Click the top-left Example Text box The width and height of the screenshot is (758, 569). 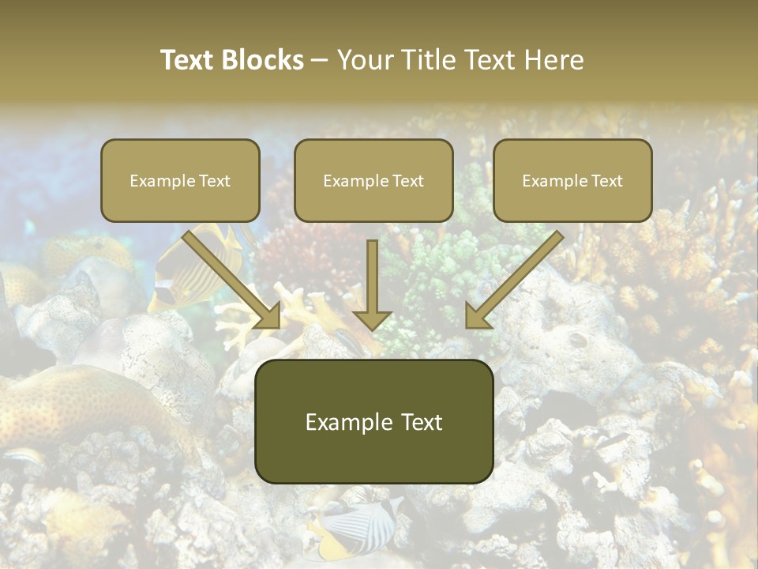click(180, 181)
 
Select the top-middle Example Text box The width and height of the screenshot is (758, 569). click(373, 181)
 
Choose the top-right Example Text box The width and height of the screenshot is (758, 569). click(572, 181)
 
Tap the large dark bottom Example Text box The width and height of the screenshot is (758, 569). click(373, 422)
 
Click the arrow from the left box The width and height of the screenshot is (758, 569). click(229, 277)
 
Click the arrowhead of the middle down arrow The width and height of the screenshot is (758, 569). click(373, 319)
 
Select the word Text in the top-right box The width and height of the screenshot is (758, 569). click(606, 181)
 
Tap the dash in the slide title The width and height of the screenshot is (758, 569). click(320, 60)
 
